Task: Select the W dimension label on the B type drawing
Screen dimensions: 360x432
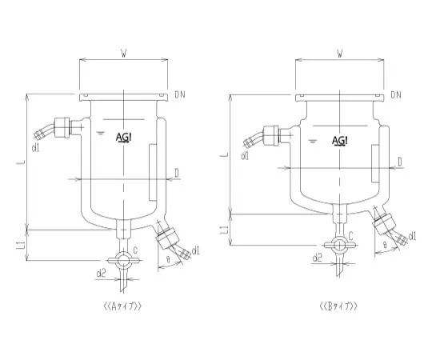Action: [340, 54]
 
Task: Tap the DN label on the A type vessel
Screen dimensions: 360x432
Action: [181, 95]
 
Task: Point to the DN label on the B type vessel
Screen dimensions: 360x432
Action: [398, 95]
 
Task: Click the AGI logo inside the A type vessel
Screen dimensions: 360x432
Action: [126, 138]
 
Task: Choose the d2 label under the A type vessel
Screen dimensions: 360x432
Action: [101, 274]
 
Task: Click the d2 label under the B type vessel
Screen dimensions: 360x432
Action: [317, 258]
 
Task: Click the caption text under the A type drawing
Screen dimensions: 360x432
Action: [122, 306]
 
